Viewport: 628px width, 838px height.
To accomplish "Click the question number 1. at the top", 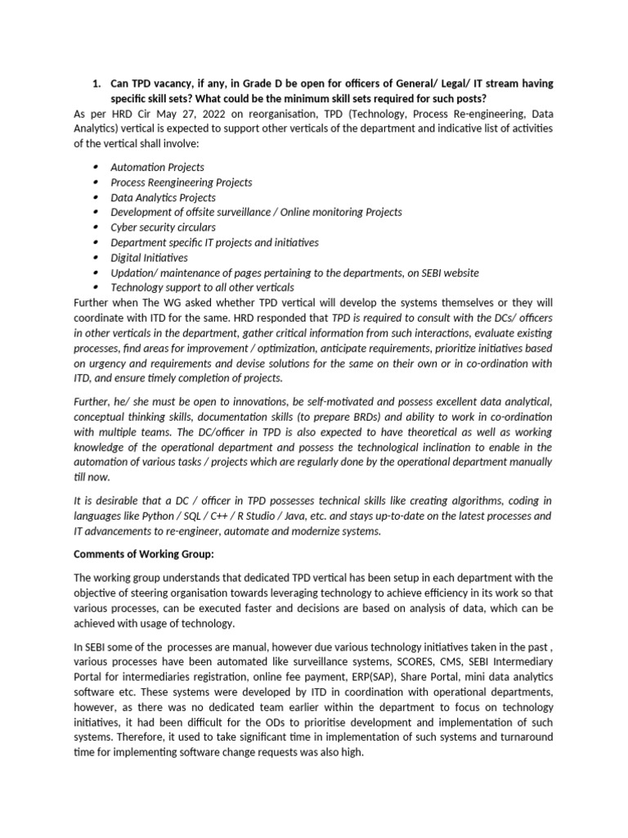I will click(x=96, y=83).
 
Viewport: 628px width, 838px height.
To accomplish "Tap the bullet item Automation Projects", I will click(x=158, y=167).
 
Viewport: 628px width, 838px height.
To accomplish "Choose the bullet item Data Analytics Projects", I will click(x=164, y=197).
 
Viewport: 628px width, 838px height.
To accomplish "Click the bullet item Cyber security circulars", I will click(x=164, y=228).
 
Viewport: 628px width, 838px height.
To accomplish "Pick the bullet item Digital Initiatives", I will click(x=150, y=258).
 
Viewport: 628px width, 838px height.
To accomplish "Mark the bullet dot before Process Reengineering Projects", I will click(x=97, y=182).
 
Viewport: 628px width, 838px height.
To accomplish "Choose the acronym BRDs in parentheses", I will click(x=325, y=417).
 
